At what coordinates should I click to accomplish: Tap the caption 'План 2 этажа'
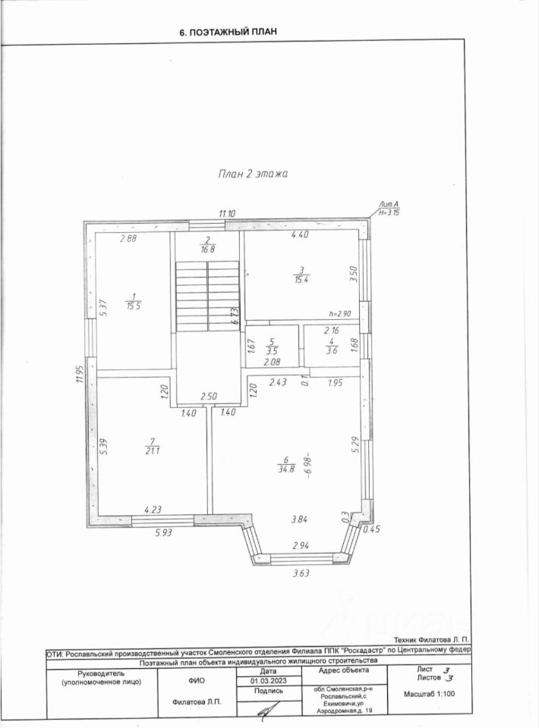[251, 174]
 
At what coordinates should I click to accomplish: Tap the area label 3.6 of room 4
[330, 350]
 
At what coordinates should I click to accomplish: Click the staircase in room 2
[207, 296]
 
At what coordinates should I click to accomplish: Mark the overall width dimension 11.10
[228, 215]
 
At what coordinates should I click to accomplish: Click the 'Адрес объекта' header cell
[343, 670]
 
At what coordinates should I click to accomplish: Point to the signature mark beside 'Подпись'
[265, 711]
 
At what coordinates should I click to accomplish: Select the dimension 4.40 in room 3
[301, 235]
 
